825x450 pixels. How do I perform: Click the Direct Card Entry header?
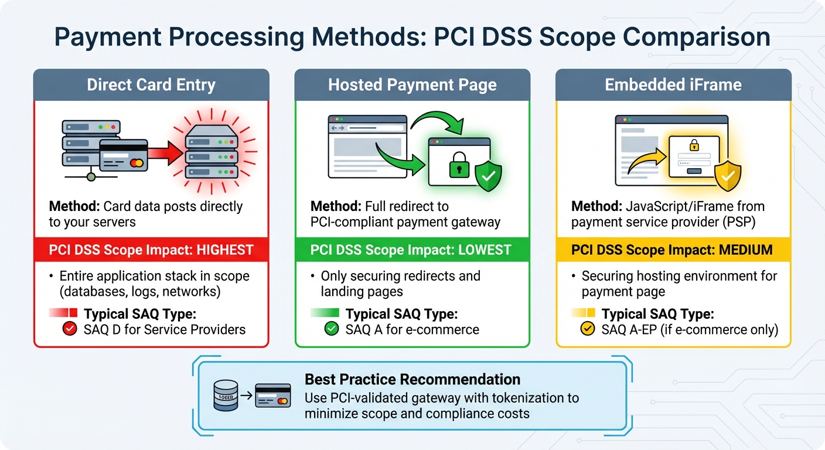[x=151, y=85]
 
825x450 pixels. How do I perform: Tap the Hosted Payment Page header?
[x=412, y=85]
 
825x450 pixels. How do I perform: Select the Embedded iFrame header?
[x=673, y=85]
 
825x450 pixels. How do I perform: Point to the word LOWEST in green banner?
[x=485, y=250]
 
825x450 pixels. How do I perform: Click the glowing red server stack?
[x=212, y=153]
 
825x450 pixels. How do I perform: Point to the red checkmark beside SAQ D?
[x=70, y=329]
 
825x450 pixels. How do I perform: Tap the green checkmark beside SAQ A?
[x=332, y=329]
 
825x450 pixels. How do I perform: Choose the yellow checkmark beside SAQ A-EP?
[x=587, y=329]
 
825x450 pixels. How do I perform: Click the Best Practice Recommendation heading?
[x=412, y=379]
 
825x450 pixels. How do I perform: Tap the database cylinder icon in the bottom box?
[x=226, y=397]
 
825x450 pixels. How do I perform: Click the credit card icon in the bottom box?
[x=273, y=396]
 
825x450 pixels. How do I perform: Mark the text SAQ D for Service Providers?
[x=165, y=329]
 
